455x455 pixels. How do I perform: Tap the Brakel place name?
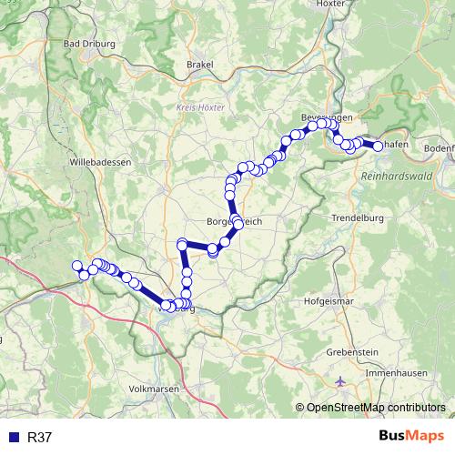(199, 65)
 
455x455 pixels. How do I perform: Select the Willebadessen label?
(101, 161)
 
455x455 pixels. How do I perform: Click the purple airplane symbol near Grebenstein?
(340, 380)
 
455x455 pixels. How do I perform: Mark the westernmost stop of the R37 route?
(76, 265)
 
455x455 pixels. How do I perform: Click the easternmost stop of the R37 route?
(378, 146)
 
